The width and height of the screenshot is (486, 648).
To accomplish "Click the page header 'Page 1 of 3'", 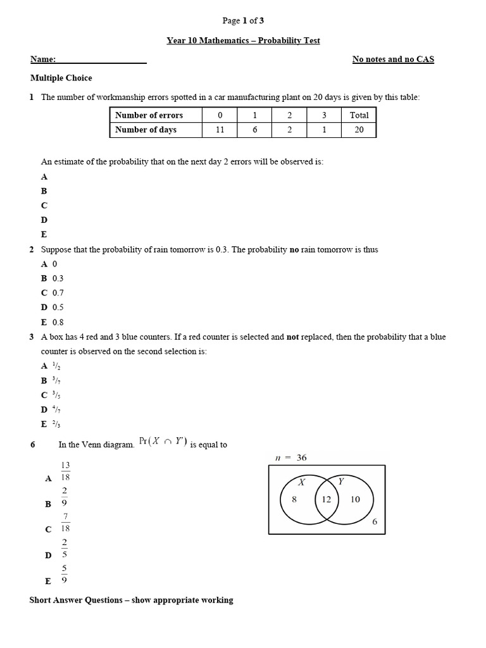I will click(x=243, y=21).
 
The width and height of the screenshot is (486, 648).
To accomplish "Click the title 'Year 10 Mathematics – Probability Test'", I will click(x=243, y=40).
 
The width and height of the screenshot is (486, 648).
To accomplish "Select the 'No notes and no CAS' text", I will click(x=393, y=59).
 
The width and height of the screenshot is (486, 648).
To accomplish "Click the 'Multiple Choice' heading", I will click(x=61, y=78).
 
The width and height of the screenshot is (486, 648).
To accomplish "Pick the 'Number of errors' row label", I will click(x=149, y=115).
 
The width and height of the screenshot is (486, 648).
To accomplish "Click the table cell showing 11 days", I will click(x=220, y=130).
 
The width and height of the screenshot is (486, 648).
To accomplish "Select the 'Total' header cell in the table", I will click(x=359, y=115).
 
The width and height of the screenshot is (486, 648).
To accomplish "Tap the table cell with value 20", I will click(x=359, y=130).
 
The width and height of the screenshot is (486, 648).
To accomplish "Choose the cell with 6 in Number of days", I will click(x=254, y=130).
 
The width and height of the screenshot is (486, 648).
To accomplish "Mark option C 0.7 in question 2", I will click(x=53, y=293).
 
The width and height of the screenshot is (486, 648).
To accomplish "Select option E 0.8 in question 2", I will click(x=53, y=322).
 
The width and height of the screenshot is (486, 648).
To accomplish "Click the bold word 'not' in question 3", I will click(x=292, y=337).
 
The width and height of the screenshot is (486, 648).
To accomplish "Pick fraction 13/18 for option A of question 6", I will click(x=65, y=472).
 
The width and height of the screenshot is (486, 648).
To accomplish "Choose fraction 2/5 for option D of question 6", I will click(x=65, y=549).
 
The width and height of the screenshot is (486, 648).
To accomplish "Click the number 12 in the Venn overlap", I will click(x=327, y=499).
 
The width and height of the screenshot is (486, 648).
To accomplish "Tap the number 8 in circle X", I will click(x=294, y=499).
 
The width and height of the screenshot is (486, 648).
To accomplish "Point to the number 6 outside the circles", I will click(x=375, y=522).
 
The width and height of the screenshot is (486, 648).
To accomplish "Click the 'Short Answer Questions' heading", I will click(x=131, y=600).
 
